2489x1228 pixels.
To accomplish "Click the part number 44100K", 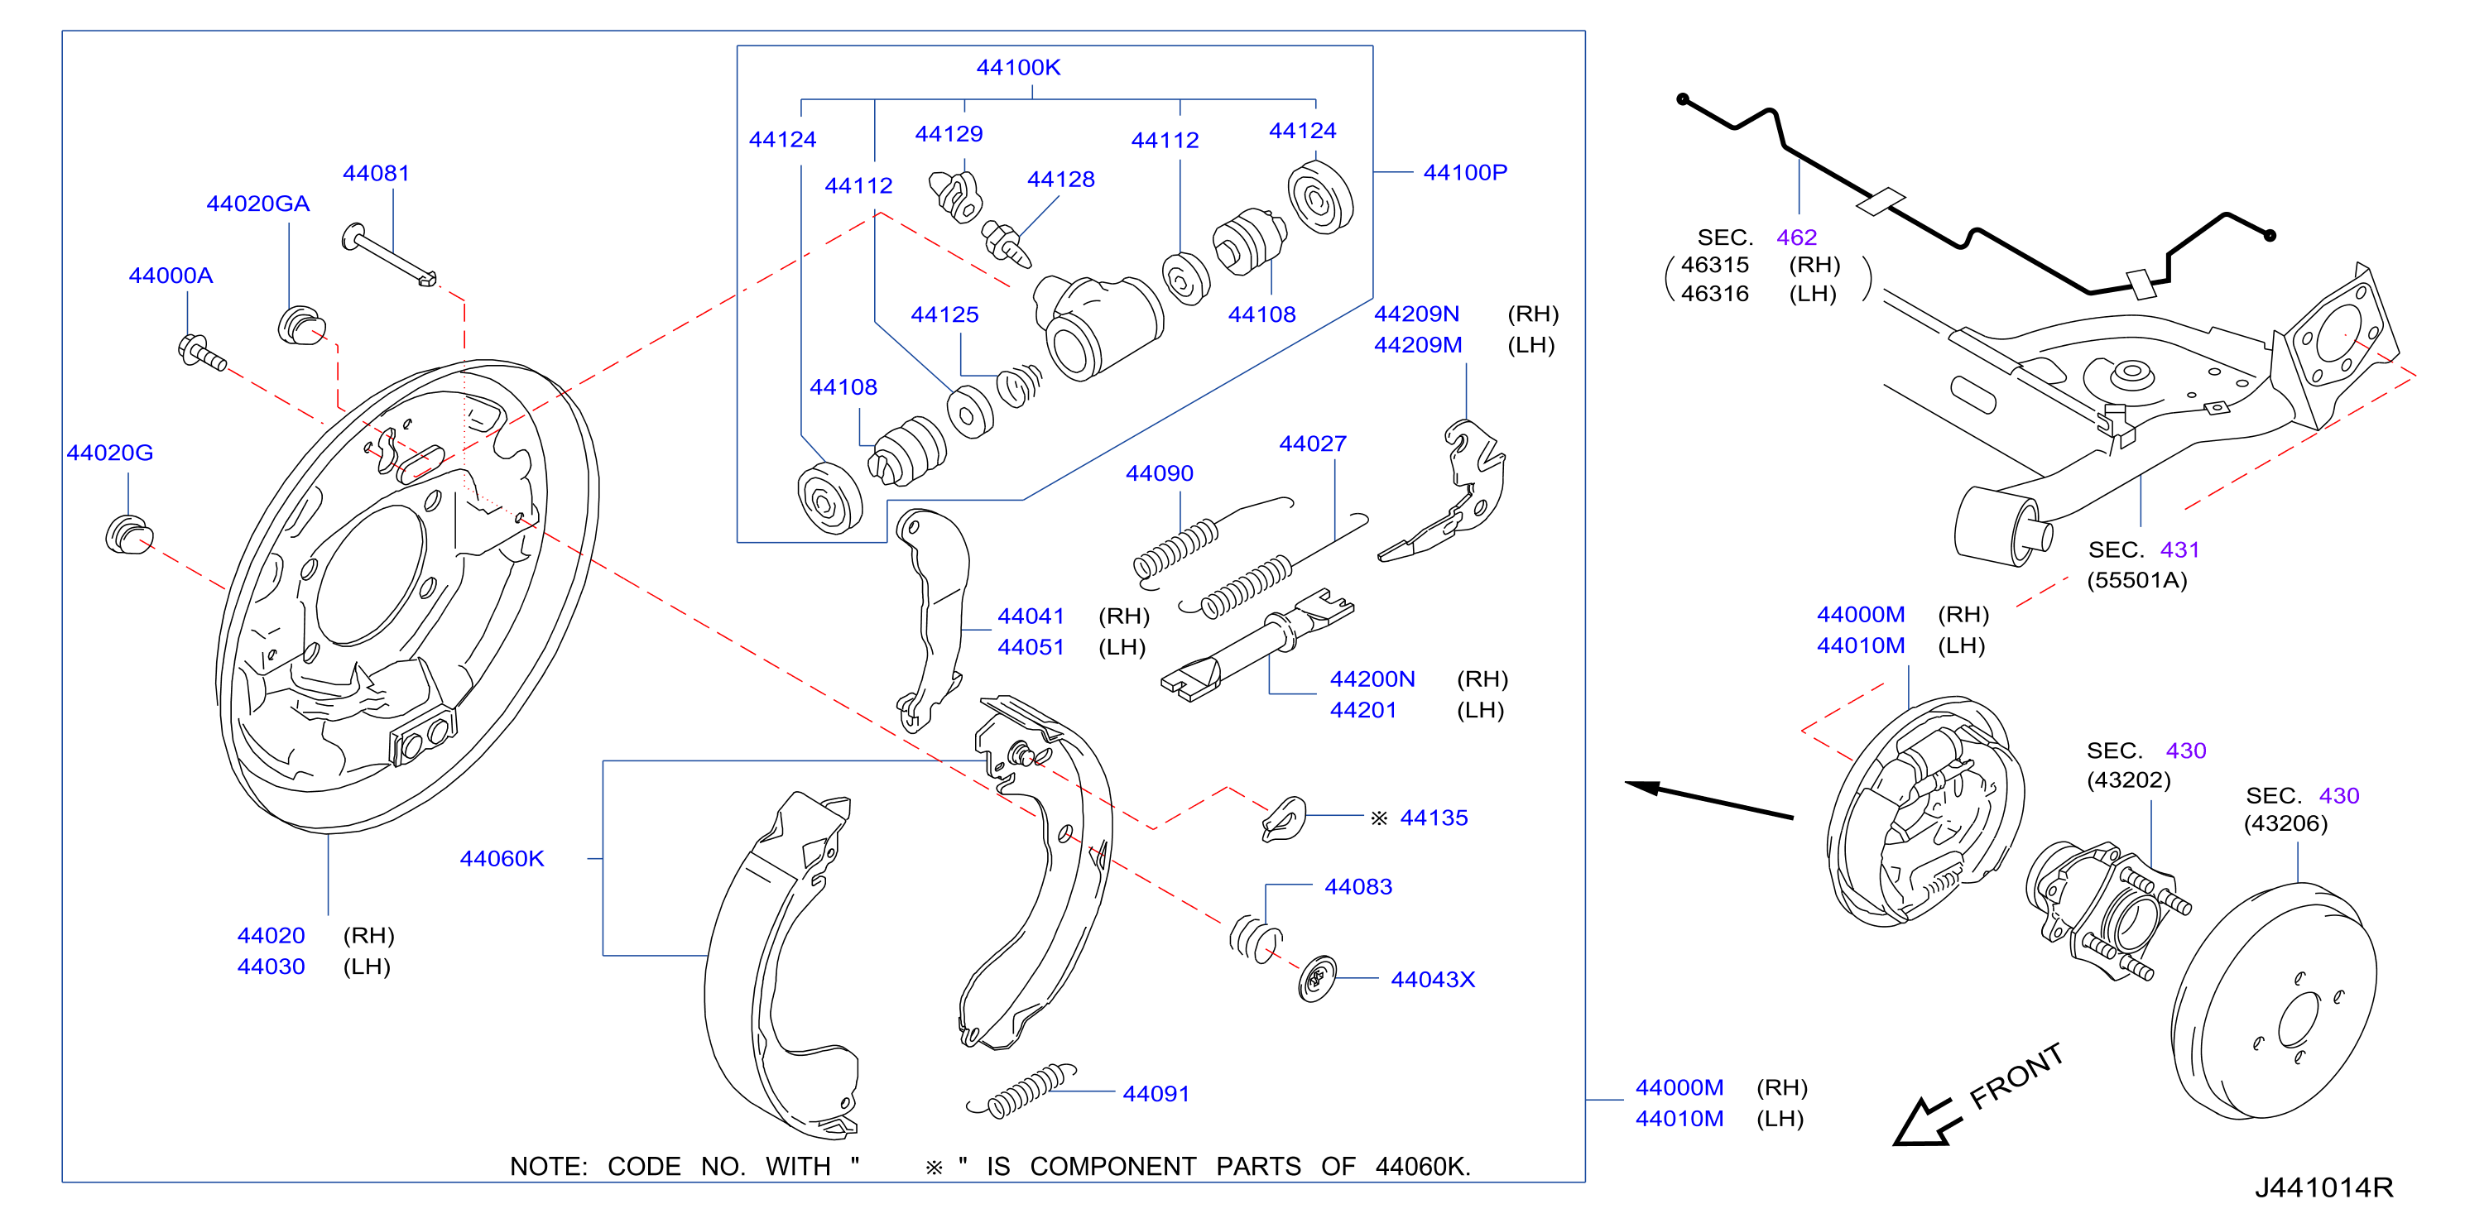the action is click(1017, 68).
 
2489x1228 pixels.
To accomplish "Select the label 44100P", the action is click(1465, 173).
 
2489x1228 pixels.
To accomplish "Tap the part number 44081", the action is click(376, 174).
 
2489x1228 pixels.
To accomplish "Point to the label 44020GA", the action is click(258, 204).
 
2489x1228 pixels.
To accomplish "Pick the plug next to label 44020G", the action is click(128, 535).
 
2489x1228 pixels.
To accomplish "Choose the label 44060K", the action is click(502, 859).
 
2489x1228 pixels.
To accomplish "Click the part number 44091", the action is click(1156, 1094).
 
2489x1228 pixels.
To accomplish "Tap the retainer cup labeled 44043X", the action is click(1317, 980).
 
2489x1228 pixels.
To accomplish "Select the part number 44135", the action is click(1434, 818).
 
